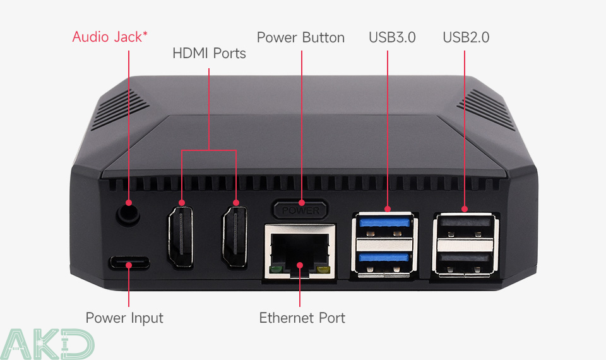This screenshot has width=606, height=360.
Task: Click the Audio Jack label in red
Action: coord(110,37)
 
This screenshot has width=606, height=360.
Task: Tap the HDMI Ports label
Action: coord(209,54)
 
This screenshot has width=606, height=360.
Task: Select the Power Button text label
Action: coord(300,38)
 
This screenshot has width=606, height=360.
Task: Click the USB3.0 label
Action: coord(392,38)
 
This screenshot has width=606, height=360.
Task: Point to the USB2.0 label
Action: coord(466,38)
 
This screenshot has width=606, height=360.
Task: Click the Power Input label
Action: coord(124,318)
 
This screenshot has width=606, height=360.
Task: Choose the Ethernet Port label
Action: coord(302,318)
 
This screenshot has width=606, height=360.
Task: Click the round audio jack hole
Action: coord(128,215)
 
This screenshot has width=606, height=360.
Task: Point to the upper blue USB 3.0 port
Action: coord(383,223)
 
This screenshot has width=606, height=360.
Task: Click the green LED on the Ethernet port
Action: coord(275,271)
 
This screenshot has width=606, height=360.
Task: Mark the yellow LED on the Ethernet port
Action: coord(324,271)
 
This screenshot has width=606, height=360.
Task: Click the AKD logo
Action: coord(47,344)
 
